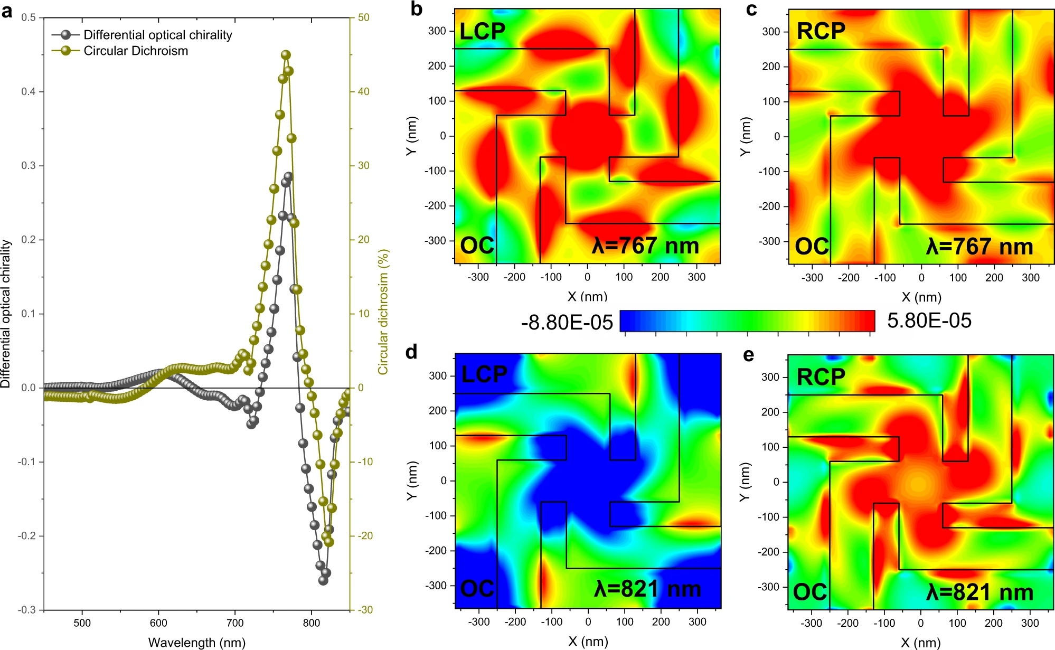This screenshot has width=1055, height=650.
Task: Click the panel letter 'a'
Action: [7, 12]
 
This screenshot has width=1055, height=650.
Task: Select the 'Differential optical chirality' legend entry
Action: [157, 35]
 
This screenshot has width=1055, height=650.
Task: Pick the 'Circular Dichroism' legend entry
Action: [136, 51]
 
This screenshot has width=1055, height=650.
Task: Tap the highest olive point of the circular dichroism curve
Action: [286, 55]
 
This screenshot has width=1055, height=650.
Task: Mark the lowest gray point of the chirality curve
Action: [323, 580]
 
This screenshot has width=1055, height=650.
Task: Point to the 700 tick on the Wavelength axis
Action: [235, 623]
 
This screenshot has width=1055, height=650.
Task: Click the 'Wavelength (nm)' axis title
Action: [196, 642]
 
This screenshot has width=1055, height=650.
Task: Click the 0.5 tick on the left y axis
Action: [29, 17]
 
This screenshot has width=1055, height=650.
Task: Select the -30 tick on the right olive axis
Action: [365, 609]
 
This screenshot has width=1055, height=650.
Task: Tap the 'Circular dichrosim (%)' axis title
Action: [383, 312]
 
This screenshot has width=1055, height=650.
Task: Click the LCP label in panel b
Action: [482, 32]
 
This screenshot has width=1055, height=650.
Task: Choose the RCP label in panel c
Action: [821, 32]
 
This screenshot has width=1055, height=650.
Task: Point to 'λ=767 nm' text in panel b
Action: [645, 246]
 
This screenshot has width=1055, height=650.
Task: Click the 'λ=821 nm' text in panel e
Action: [979, 592]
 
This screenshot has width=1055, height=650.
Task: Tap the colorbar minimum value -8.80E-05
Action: [567, 322]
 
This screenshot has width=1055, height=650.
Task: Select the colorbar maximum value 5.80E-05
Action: [929, 321]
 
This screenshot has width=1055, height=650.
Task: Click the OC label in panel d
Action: [477, 588]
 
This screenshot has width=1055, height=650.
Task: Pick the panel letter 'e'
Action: [748, 355]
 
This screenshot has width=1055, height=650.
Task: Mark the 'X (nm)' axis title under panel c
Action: [921, 297]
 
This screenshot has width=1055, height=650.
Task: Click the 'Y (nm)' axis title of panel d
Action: [412, 481]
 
